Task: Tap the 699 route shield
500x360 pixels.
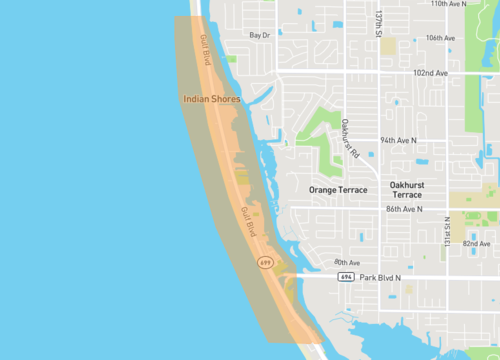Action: point(265,262)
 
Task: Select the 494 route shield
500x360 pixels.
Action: point(345,277)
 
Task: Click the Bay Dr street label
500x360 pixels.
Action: point(260,35)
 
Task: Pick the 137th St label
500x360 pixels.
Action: point(379,25)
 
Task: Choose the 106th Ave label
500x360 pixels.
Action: point(440,38)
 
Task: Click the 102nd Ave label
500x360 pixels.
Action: point(431,73)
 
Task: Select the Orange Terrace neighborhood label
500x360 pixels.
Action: point(338,189)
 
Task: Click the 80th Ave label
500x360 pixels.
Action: point(319,263)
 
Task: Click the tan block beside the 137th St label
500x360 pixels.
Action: point(388,46)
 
